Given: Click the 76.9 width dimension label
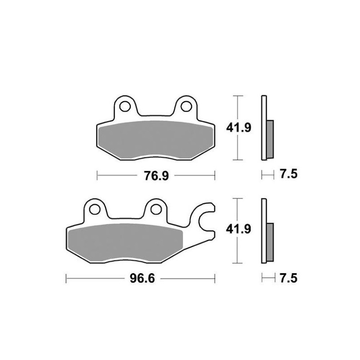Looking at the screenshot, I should [x=156, y=176].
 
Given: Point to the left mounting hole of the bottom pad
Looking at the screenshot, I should [x=95, y=209].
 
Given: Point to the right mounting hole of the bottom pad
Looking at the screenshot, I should [x=155, y=209].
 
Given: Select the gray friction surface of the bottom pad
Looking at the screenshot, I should [x=124, y=243].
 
